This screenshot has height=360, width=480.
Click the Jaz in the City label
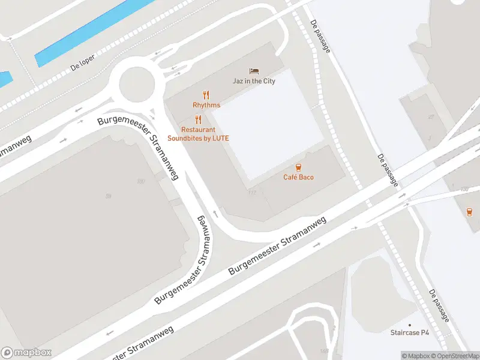pyautogui.click(x=254, y=81)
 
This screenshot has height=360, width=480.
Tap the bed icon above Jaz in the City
pyautogui.click(x=254, y=71)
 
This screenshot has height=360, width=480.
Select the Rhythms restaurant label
pyautogui.click(x=206, y=105)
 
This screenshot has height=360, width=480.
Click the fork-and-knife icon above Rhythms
pyautogui.click(x=206, y=95)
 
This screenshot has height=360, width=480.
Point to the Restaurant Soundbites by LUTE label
pyautogui.click(x=198, y=134)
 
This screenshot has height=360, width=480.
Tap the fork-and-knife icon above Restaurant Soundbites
pyautogui.click(x=198, y=119)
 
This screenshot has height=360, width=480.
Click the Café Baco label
pyautogui.click(x=298, y=177)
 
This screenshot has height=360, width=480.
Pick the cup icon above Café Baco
pyautogui.click(x=298, y=167)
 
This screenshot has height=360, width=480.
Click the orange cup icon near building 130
pyautogui.click(x=469, y=211)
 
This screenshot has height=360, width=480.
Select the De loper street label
pyautogui.click(x=83, y=65)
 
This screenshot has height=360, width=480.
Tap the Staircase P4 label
pyautogui.click(x=410, y=332)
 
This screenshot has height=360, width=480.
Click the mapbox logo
pyautogui.click(x=26, y=353)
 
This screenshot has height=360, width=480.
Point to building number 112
pyautogui.click(x=251, y=193)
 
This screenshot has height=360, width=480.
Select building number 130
pyautogui.click(x=464, y=190)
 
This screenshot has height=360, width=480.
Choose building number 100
pyautogui.click(x=141, y=181)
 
